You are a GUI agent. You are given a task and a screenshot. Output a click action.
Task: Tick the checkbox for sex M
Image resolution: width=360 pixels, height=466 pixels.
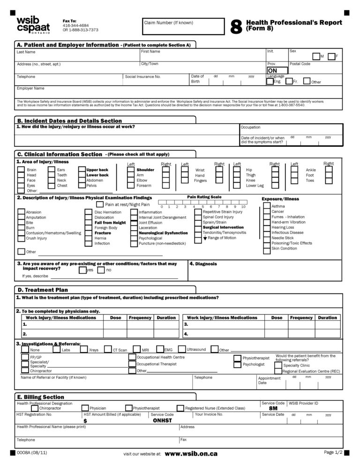pyautogui.click(x=316, y=57)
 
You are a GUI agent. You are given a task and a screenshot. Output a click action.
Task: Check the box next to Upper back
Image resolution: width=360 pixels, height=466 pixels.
pyautogui.click(x=82, y=170)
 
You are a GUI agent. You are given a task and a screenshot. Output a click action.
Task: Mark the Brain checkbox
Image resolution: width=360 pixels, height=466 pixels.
pyautogui.click(x=21, y=170)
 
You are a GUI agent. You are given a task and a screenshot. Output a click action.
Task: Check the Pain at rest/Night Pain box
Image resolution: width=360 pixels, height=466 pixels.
pyautogui.click(x=100, y=204)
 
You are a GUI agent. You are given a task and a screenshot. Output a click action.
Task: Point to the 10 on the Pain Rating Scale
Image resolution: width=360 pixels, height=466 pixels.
pyautogui.click(x=243, y=206)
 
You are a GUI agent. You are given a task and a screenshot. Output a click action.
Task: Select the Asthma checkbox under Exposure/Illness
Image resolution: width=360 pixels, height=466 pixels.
pyautogui.click(x=267, y=206)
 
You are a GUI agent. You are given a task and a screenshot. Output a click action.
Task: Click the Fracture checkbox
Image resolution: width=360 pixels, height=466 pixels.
pyautogui.click(x=89, y=233)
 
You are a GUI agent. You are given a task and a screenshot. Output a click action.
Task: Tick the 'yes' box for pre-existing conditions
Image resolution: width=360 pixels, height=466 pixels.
pyautogui.click(x=82, y=270)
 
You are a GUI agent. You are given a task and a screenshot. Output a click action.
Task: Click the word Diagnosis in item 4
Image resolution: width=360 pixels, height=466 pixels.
pyautogui.click(x=206, y=264)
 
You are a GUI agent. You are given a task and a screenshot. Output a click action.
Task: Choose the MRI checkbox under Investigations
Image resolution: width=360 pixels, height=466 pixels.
pyautogui.click(x=137, y=349)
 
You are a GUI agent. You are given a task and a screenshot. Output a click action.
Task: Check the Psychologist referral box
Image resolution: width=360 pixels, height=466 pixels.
pyautogui.click(x=238, y=364)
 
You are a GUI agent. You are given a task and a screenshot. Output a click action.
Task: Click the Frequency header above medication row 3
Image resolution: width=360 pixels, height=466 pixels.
pyautogui.click(x=301, y=318)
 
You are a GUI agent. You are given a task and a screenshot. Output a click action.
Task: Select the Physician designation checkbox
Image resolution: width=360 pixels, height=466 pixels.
pyautogui.click(x=85, y=408)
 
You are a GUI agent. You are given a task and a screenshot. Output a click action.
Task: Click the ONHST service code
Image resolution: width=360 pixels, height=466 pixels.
pyautogui.click(x=163, y=421)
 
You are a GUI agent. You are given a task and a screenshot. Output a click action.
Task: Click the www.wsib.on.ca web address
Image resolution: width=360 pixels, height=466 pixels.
pyautogui.click(x=191, y=454)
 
